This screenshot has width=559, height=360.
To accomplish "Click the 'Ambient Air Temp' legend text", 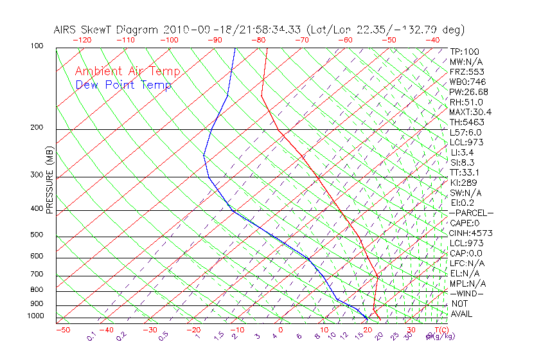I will pos(127,71).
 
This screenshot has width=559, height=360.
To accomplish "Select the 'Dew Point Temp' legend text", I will pos(123,85).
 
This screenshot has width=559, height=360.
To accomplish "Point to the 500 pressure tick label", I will pos(37,235).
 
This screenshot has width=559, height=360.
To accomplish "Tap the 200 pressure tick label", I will pos(37,127).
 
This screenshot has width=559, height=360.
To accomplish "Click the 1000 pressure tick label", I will pos(35,316).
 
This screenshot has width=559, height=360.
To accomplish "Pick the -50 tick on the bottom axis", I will pos(62,330).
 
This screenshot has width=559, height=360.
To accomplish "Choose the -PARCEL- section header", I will pos(471,213).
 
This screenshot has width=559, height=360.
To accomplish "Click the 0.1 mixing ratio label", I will pos(92,337).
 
